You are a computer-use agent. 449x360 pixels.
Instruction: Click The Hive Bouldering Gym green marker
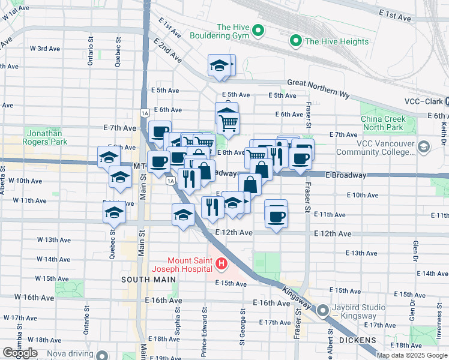click(x=258, y=30)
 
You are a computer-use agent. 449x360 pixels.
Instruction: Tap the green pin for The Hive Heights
click(x=295, y=41)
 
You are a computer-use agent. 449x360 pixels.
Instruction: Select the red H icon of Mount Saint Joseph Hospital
click(x=221, y=263)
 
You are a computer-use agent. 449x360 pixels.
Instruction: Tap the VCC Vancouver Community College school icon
click(x=424, y=147)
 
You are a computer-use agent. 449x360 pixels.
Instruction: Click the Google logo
click(x=20, y=353)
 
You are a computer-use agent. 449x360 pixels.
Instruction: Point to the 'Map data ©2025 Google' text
click(x=412, y=355)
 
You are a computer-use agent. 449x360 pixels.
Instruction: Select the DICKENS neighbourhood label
click(x=357, y=340)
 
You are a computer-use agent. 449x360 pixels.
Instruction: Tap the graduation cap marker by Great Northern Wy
click(x=220, y=65)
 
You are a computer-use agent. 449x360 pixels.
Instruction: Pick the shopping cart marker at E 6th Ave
click(x=228, y=122)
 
